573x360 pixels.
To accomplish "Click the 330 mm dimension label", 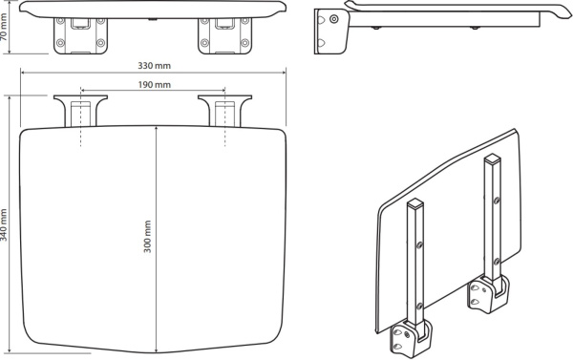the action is pyautogui.click(x=154, y=66).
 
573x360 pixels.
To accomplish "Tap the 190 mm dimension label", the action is pyautogui.click(x=154, y=85).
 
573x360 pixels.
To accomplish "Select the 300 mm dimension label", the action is pyautogui.click(x=147, y=237).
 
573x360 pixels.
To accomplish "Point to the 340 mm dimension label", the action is pyautogui.click(x=4, y=224).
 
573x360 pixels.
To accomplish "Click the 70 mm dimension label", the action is pyautogui.click(x=4, y=27).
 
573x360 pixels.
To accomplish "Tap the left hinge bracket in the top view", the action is pyautogui.click(x=80, y=111).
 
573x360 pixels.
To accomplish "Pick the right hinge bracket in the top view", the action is pyautogui.click(x=224, y=111).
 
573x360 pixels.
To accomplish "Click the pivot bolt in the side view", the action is pyautogui.click(x=333, y=19).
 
